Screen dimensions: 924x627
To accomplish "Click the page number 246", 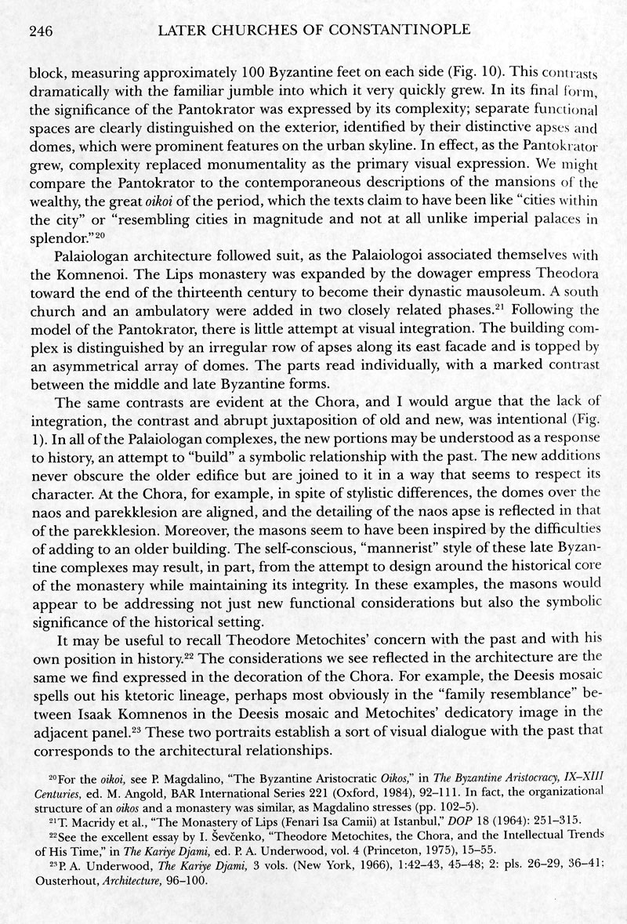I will point(40,31).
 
